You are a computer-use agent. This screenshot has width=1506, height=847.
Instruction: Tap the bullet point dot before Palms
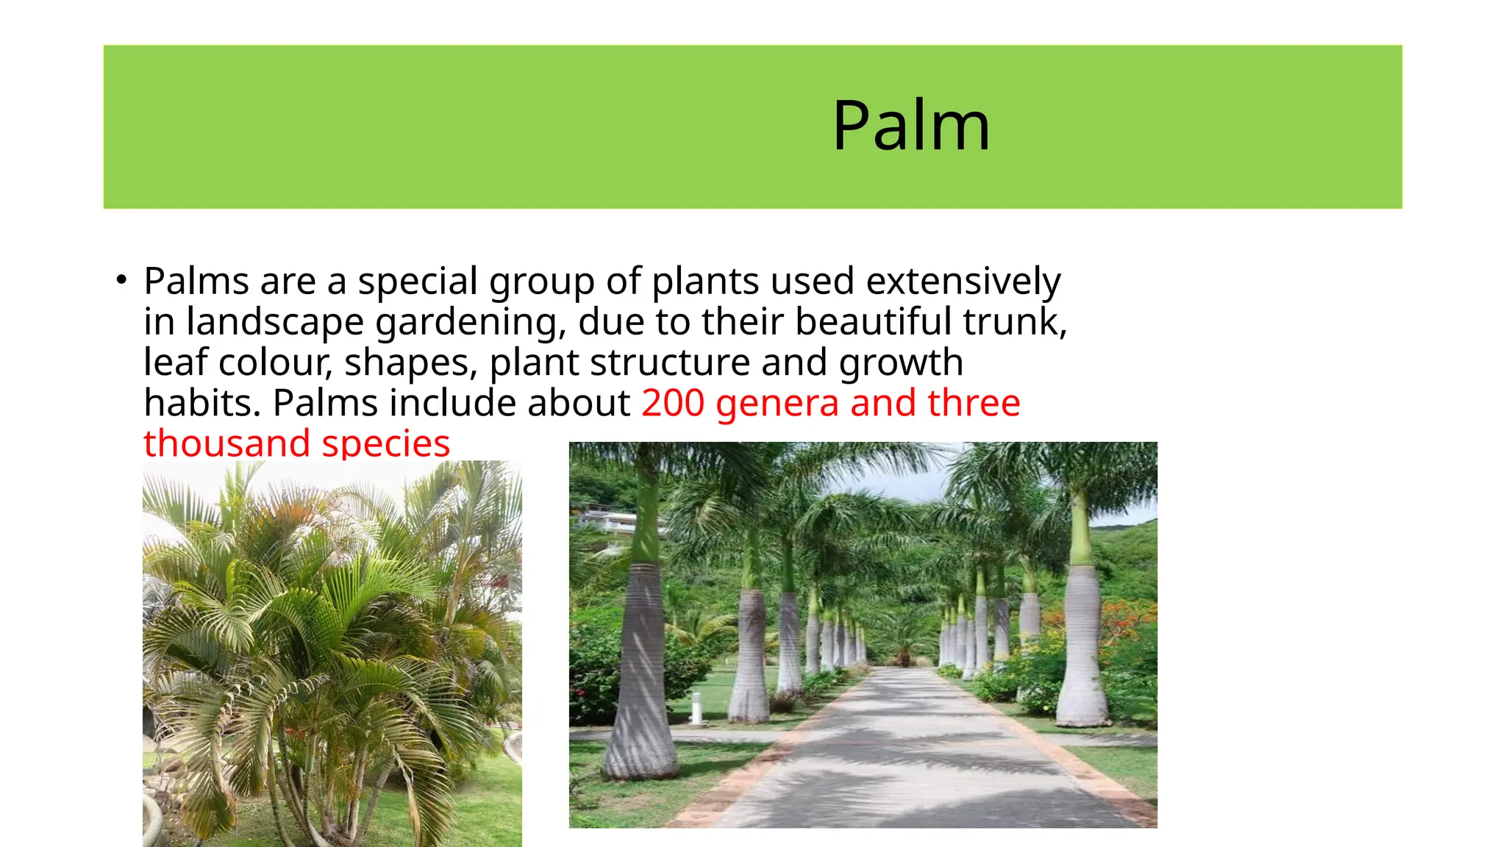[x=121, y=280]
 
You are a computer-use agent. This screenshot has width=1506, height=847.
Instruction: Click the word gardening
[x=470, y=323]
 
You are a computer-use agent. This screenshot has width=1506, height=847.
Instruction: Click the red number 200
[x=672, y=403]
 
